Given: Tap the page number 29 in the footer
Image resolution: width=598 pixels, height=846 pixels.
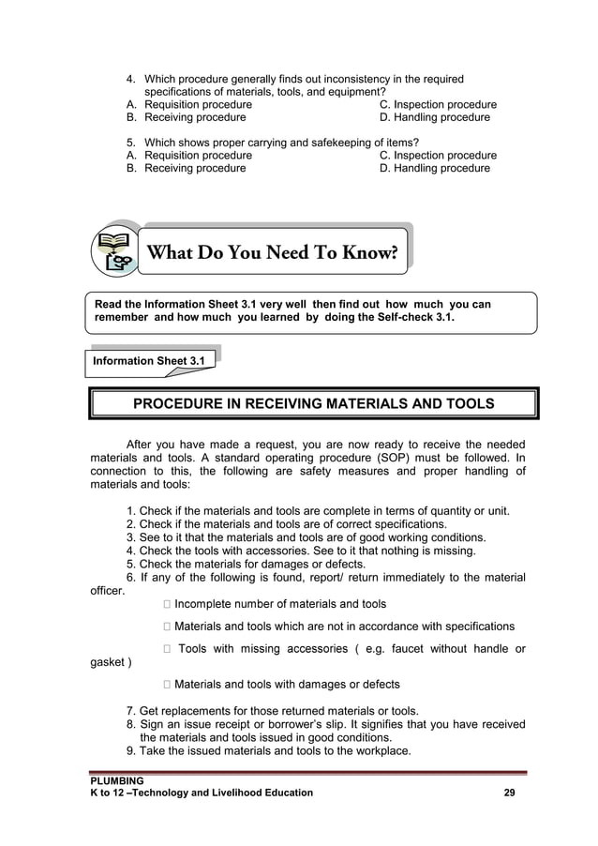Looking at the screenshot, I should pyautogui.click(x=509, y=793).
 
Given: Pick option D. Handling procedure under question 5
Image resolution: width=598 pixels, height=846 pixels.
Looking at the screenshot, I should pyautogui.click(x=434, y=169).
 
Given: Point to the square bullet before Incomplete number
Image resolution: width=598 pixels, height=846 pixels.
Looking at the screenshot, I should pyautogui.click(x=165, y=604).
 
